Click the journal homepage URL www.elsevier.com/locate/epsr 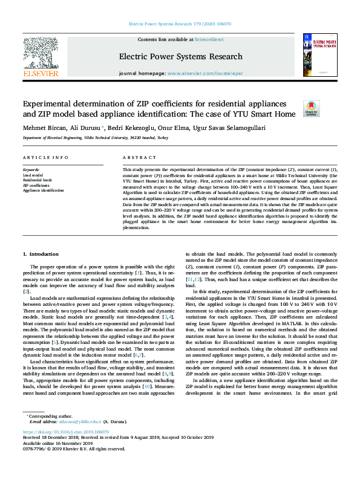201,73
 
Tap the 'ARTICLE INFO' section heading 46,158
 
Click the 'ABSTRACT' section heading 135,158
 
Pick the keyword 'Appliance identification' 43,190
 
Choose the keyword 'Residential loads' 38,180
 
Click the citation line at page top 180,24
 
